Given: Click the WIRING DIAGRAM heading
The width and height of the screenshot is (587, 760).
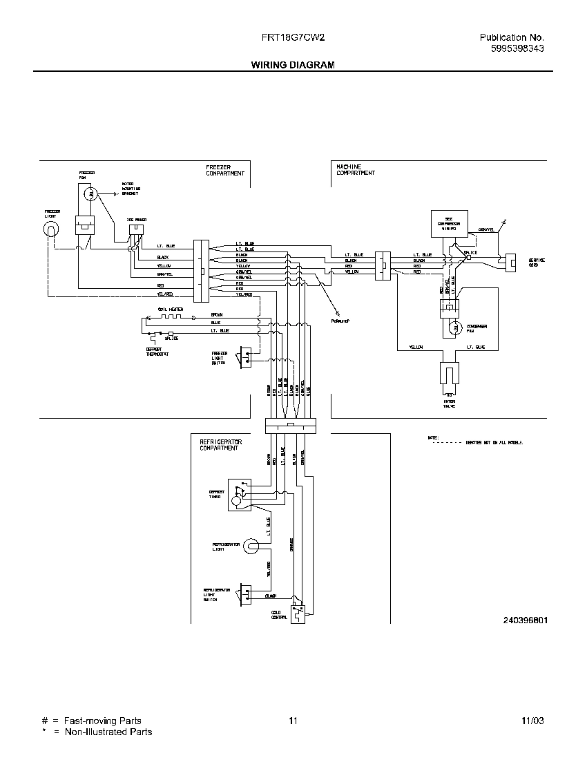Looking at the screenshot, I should point(292,65).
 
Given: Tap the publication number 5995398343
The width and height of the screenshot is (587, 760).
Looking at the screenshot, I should point(517,48).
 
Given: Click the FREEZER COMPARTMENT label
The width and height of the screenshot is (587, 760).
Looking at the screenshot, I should point(224,171).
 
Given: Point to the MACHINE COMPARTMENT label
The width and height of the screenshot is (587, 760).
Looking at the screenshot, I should point(356,171).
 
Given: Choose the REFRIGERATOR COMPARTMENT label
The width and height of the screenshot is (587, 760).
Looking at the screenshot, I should point(220,444).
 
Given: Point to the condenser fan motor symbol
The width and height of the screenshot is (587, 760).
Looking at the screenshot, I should point(455,329).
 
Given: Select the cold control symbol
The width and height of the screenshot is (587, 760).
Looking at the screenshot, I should point(298,610).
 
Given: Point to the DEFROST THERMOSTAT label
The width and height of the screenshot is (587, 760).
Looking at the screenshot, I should point(157,352).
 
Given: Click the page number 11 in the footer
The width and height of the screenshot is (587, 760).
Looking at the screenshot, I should point(293,721).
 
